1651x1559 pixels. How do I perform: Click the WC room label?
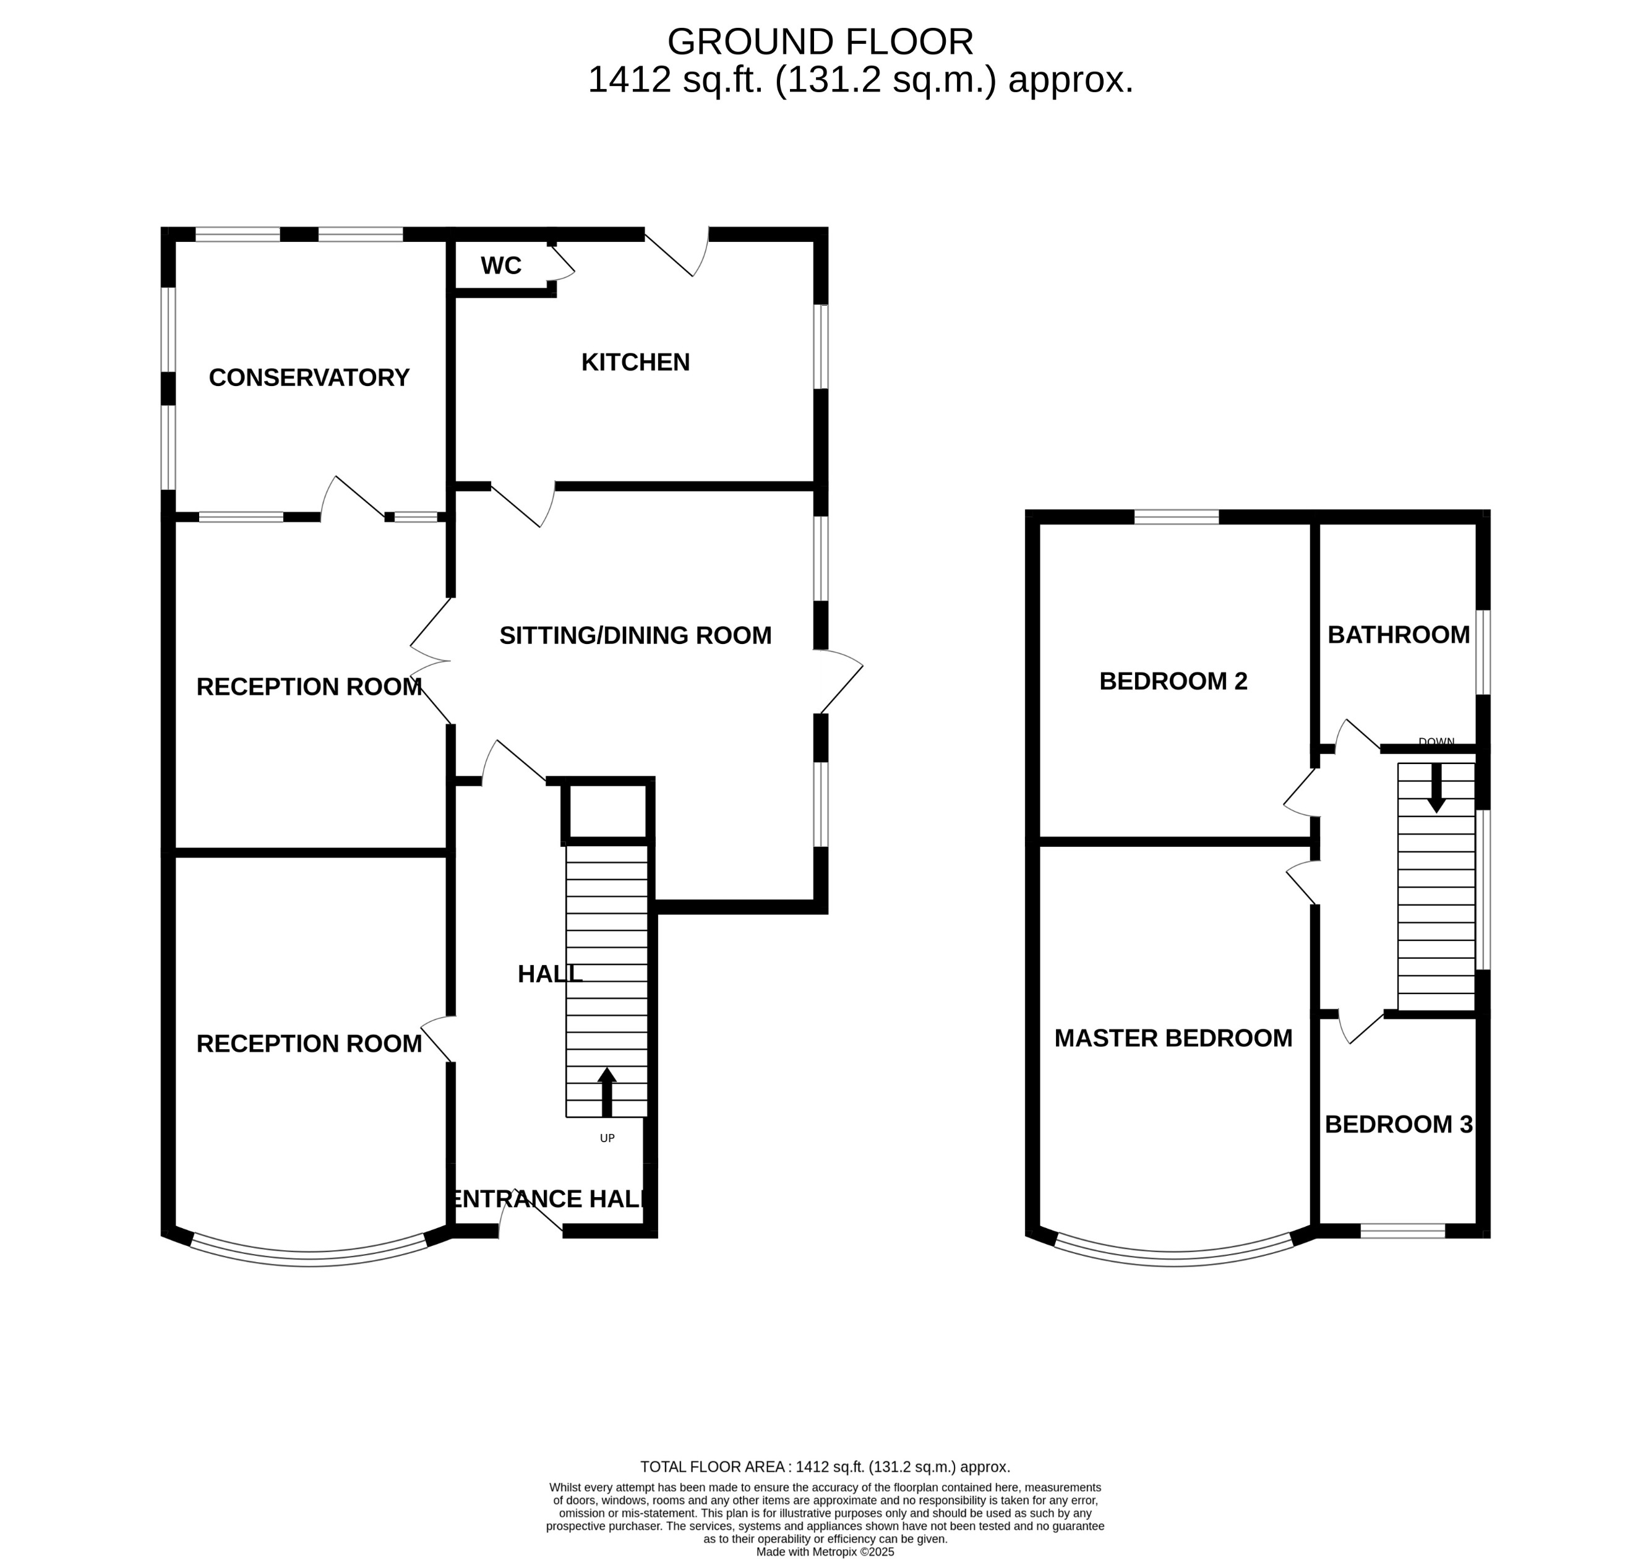(x=500, y=266)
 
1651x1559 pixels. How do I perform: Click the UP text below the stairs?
(x=607, y=1138)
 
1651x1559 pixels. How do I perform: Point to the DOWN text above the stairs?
(x=1436, y=742)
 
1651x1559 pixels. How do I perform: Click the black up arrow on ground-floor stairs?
(x=607, y=1092)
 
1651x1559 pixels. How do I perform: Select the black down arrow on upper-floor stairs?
(x=1436, y=788)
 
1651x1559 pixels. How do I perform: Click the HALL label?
(x=549, y=975)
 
